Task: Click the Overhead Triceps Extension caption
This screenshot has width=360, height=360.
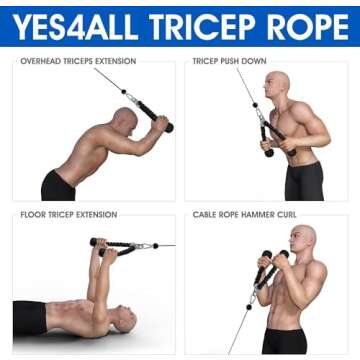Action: coord(78,61)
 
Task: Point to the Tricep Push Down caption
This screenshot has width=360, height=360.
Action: coord(229,61)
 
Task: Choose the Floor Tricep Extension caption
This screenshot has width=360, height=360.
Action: coord(68,215)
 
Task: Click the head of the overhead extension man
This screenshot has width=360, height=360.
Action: coord(125,121)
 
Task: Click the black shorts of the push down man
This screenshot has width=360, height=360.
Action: coord(304,181)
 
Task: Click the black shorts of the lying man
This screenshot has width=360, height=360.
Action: coord(31,320)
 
